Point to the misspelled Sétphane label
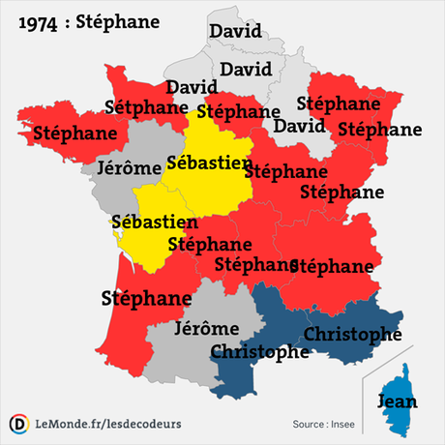point(144,107)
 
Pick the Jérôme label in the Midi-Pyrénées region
point(206,328)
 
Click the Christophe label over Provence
point(353,334)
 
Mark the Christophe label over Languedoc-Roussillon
point(259,352)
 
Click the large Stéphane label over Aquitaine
point(146,297)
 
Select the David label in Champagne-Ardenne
point(299,126)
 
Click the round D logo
point(17,424)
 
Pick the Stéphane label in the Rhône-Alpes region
point(332,265)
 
